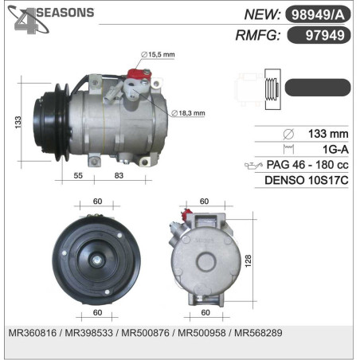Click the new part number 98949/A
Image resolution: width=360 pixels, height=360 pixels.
point(318,14)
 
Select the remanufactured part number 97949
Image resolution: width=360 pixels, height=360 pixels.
point(325,35)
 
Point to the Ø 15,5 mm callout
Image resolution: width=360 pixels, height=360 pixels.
point(158,55)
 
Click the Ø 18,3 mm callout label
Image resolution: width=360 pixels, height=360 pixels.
point(188,113)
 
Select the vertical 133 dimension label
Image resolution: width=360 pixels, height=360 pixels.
point(18,123)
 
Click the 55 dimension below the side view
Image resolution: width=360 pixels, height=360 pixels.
point(78,175)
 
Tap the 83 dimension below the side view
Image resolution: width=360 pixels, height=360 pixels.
point(119,175)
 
